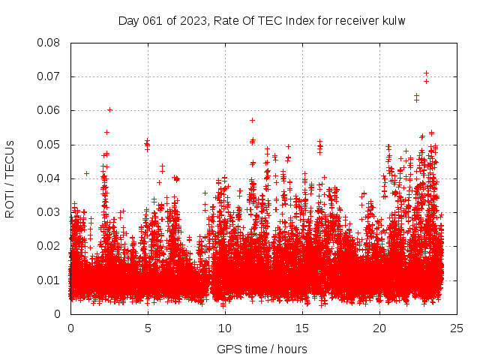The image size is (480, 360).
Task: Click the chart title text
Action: [262, 21]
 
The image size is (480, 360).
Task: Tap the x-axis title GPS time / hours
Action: [262, 349]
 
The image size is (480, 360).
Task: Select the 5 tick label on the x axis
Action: [148, 328]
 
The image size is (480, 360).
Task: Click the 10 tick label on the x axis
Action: [225, 328]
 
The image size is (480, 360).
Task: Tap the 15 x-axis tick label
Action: [302, 328]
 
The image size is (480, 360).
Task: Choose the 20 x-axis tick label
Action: [379, 328]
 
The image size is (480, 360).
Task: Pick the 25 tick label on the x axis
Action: [457, 328]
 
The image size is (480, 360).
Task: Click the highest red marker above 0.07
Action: [426, 73]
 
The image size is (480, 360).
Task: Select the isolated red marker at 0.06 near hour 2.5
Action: [109, 109]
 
